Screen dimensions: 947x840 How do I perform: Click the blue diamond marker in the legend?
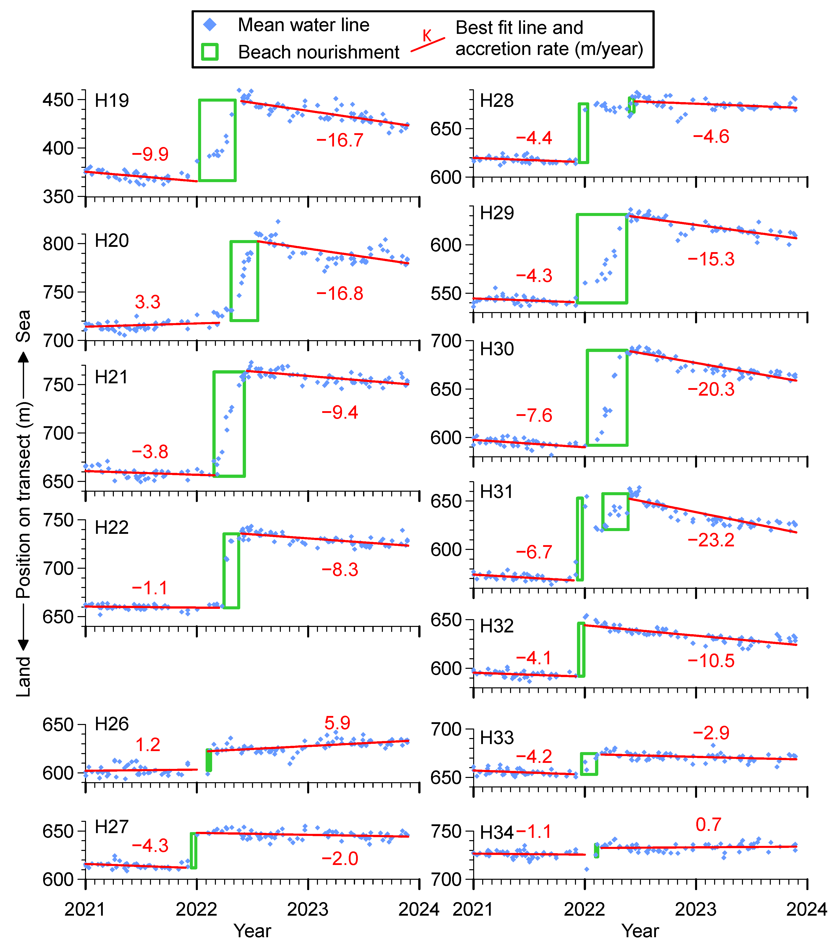(210, 25)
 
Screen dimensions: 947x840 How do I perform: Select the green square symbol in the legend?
(210, 52)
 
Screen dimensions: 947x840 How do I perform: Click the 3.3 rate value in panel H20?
(148, 302)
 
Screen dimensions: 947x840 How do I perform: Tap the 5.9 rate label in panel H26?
(337, 723)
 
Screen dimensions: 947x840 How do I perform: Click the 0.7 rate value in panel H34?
(709, 825)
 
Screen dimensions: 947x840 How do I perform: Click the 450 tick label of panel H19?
(58, 100)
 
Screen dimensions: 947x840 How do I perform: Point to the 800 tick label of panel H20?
(58, 244)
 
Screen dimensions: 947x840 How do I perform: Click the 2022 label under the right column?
(584, 909)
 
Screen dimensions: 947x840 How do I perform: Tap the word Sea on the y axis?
(23, 326)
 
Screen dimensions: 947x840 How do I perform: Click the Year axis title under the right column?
(640, 930)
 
